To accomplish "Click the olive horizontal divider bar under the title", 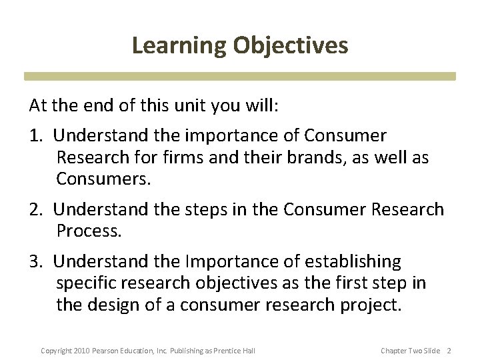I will point(240,77).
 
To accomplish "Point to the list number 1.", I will point(35,136).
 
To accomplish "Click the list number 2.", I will point(35,209).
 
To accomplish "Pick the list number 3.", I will point(35,261).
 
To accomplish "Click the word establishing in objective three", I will point(353,261).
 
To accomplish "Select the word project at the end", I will point(369,305).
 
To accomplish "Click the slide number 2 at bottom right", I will point(449,351).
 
